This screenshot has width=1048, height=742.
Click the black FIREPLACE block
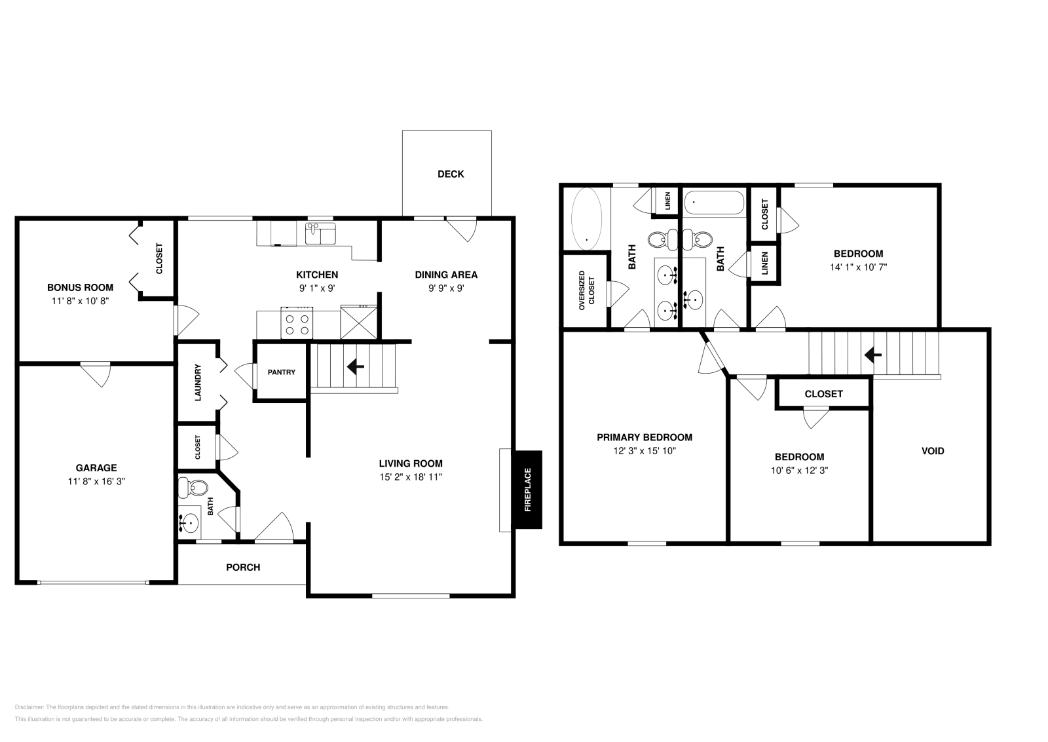528,490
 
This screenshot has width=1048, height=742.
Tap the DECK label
451,174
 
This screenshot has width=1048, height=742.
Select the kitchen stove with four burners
297,322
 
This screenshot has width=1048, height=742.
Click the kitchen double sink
320,233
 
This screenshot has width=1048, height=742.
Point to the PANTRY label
281,372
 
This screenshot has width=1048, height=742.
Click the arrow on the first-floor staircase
356,366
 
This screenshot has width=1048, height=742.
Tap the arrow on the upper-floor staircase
872,355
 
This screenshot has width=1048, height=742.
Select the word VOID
933,451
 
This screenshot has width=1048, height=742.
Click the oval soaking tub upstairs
587,219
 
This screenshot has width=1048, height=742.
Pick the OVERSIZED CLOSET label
586,291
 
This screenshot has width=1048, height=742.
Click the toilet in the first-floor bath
193,488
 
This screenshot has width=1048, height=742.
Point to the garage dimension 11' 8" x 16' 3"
96,481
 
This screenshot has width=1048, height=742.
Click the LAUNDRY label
198,382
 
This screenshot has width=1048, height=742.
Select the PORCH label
243,568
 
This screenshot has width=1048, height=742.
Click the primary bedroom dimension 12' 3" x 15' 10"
645,451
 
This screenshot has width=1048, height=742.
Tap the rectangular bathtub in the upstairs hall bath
714,203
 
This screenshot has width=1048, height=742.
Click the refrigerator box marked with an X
358,322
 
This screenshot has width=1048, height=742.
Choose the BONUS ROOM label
80,288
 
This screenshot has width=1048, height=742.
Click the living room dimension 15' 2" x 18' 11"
411,477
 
